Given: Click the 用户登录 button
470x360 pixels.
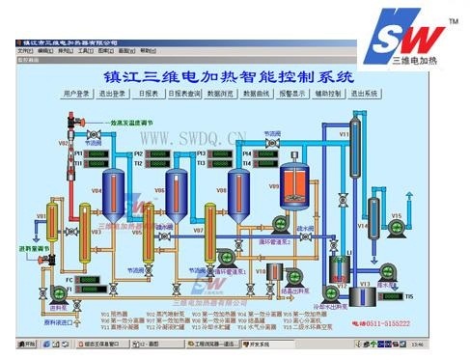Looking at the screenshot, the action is [x=82, y=94].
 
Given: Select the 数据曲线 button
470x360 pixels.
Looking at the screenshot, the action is [x=258, y=94].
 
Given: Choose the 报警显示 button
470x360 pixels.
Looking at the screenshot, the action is [x=292, y=94].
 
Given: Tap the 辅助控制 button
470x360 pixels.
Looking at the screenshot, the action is [x=328, y=94].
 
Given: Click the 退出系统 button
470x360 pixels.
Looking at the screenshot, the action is [x=364, y=94].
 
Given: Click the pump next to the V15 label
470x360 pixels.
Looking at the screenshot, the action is [x=395, y=228].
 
